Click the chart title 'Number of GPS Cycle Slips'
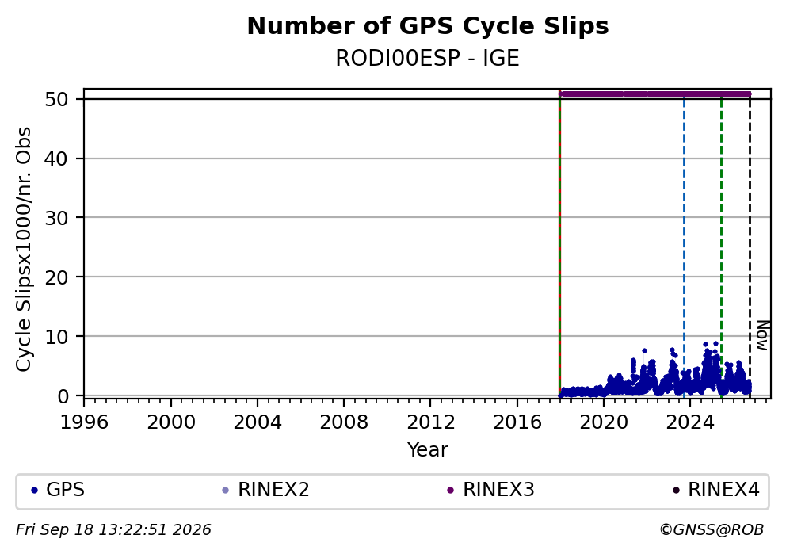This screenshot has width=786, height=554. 428,26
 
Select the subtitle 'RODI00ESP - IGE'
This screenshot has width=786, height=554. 427,58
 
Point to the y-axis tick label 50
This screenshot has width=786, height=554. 56,99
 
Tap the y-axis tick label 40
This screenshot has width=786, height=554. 56,159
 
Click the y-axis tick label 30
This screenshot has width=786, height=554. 56,218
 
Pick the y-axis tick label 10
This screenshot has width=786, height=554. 56,336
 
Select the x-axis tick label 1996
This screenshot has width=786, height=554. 84,422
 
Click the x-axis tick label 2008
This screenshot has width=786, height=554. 344,422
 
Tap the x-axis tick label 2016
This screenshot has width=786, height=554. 517,422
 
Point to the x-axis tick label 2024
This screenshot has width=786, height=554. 690,422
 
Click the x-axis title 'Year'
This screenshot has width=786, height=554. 428,449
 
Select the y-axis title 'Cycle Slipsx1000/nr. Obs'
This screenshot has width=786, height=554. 23,249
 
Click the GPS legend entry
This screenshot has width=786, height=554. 58,490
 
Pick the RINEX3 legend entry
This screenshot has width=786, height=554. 490,490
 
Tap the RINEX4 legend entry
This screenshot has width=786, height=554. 715,490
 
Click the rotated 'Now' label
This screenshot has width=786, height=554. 762,335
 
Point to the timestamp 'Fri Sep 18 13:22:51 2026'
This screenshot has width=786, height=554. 114,530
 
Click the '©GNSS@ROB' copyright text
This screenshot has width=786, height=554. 712,530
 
